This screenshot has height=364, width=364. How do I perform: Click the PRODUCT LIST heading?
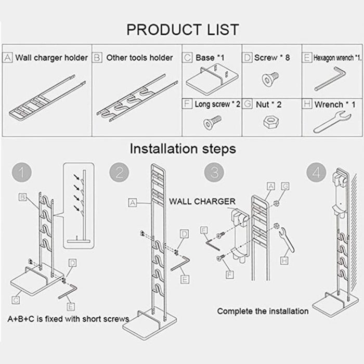coord(182,29)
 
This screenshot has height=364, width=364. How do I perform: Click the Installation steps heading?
coord(182,149)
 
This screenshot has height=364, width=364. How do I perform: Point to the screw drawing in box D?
coord(269,78)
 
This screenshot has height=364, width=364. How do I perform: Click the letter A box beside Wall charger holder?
coord(8,57)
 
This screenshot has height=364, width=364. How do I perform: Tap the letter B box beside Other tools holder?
coord(97,57)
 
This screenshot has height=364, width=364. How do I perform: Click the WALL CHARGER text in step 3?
coord(202,201)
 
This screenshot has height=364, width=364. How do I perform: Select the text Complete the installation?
coord(263,311)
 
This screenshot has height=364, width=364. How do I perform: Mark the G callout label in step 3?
coord(285,186)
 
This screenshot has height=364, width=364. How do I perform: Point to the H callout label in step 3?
coord(285,260)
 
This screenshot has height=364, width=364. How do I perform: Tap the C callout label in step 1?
coord(17,300)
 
